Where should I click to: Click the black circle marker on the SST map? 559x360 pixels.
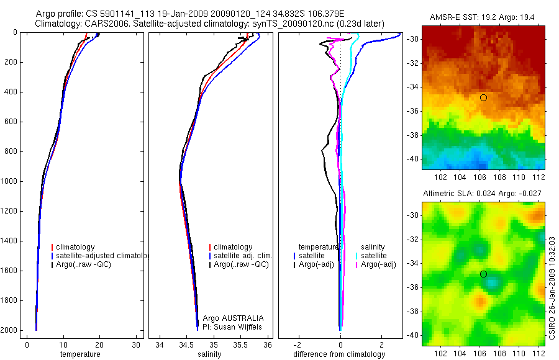483,97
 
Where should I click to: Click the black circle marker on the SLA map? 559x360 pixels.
483,274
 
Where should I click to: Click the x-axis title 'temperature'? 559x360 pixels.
80,354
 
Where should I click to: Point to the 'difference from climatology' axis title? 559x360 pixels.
340,354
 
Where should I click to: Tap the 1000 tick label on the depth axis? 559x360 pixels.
9,181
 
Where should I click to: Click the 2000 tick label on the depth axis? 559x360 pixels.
9,330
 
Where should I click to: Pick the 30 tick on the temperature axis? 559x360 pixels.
136,344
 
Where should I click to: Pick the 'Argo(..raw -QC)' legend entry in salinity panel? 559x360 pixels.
240,264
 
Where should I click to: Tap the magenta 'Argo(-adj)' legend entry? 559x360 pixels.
378,264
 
